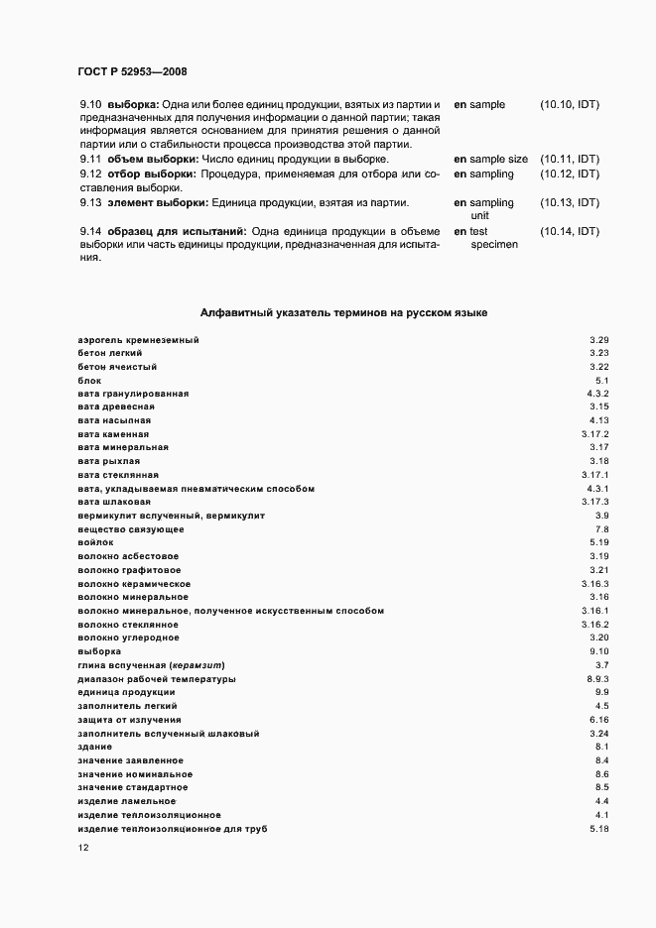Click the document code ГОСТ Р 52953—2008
[x=132, y=71]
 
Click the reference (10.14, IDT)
[x=569, y=231]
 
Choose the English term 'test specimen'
[x=493, y=238]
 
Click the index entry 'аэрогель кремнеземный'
[x=138, y=340]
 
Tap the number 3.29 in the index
[x=598, y=340]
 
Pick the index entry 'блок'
[x=89, y=381]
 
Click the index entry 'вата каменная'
[x=113, y=434]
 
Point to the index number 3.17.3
[x=594, y=502]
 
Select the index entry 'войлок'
[x=95, y=542]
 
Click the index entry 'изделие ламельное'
[x=126, y=800]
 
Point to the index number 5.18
[x=598, y=827]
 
